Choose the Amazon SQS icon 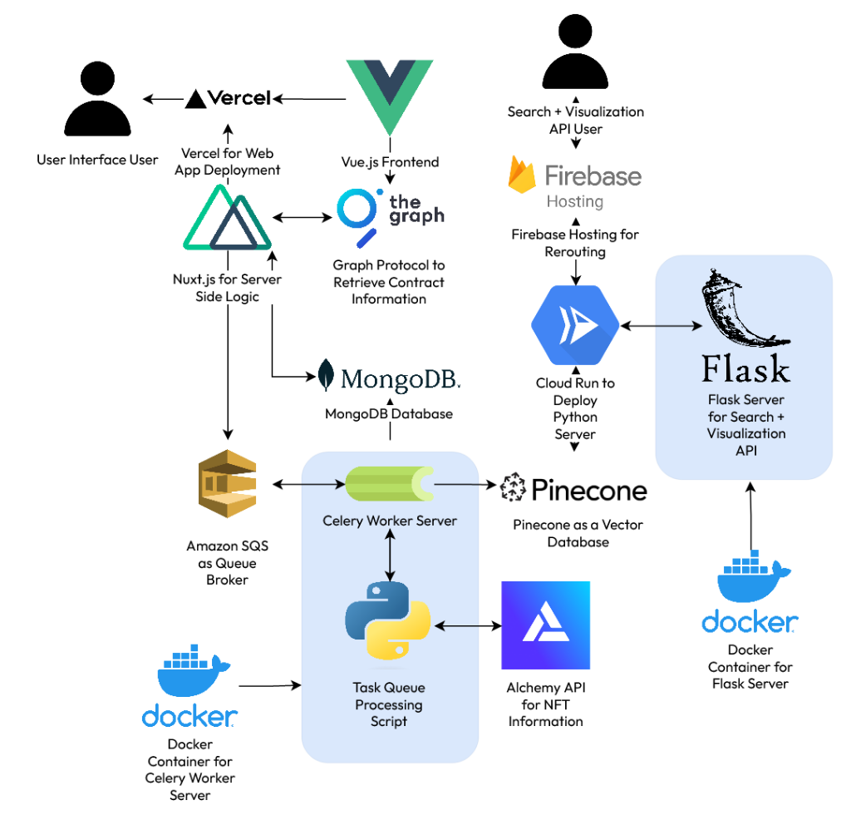pyautogui.click(x=226, y=484)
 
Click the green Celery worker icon pyautogui.click(x=390, y=484)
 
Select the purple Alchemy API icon pyautogui.click(x=545, y=625)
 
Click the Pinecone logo pyautogui.click(x=573, y=489)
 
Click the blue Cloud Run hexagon pyautogui.click(x=575, y=325)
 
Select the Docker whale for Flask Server pyautogui.click(x=750, y=579)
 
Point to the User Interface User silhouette pyautogui.click(x=97, y=101)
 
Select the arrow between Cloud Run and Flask pyautogui.click(x=662, y=326)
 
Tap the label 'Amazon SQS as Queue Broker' pyautogui.click(x=227, y=563)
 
